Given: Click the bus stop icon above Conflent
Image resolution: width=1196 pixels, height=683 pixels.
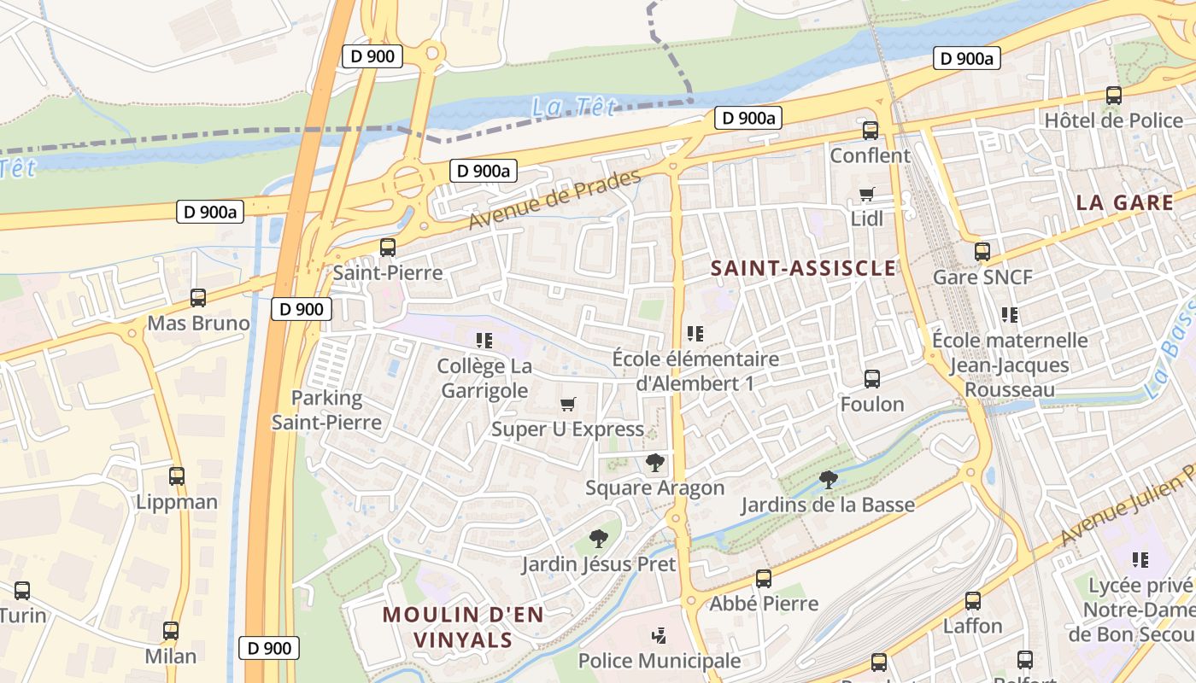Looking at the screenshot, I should (x=871, y=131).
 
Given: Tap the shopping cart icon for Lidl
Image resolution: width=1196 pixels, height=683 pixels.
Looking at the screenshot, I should (x=867, y=194).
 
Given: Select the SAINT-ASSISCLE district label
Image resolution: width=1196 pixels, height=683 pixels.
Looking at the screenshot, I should (x=803, y=268).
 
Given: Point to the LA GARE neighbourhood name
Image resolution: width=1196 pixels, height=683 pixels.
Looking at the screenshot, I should (x=1124, y=202).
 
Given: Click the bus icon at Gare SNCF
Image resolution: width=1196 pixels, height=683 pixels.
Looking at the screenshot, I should (x=982, y=252).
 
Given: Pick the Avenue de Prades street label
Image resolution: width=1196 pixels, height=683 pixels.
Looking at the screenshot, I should (x=554, y=200).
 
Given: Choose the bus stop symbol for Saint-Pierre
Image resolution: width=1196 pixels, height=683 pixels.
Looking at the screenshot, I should (x=388, y=248).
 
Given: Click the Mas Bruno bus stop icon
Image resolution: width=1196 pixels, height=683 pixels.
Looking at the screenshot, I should (x=198, y=298).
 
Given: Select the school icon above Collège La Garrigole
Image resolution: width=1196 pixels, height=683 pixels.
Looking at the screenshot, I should (x=484, y=341).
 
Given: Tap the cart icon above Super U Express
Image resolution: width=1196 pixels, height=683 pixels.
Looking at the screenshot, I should (x=567, y=404).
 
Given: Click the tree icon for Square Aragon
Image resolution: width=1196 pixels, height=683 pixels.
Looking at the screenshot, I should (x=655, y=463).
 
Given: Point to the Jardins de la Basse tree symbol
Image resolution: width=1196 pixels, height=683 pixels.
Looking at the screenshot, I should (x=827, y=480).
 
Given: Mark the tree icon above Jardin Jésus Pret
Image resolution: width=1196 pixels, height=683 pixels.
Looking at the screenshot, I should (x=599, y=539).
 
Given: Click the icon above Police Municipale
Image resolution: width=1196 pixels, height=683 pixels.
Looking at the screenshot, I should (x=659, y=636).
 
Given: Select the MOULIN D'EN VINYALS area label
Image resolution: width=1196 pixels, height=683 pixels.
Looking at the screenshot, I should (x=462, y=627).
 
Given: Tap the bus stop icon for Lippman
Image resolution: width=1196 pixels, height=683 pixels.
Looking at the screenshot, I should (x=177, y=476).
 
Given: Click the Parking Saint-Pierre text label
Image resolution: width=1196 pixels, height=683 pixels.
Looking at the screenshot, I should (x=326, y=410).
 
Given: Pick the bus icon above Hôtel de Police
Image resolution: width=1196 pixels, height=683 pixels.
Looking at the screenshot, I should (x=1114, y=96).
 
